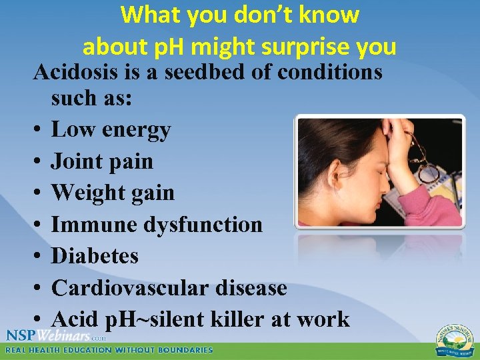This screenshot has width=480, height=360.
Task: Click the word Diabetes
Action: point(95,256)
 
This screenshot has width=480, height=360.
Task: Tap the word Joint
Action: point(77,161)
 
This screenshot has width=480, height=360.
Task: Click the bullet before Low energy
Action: point(39,131)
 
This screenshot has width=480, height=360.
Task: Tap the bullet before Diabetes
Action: point(39,257)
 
